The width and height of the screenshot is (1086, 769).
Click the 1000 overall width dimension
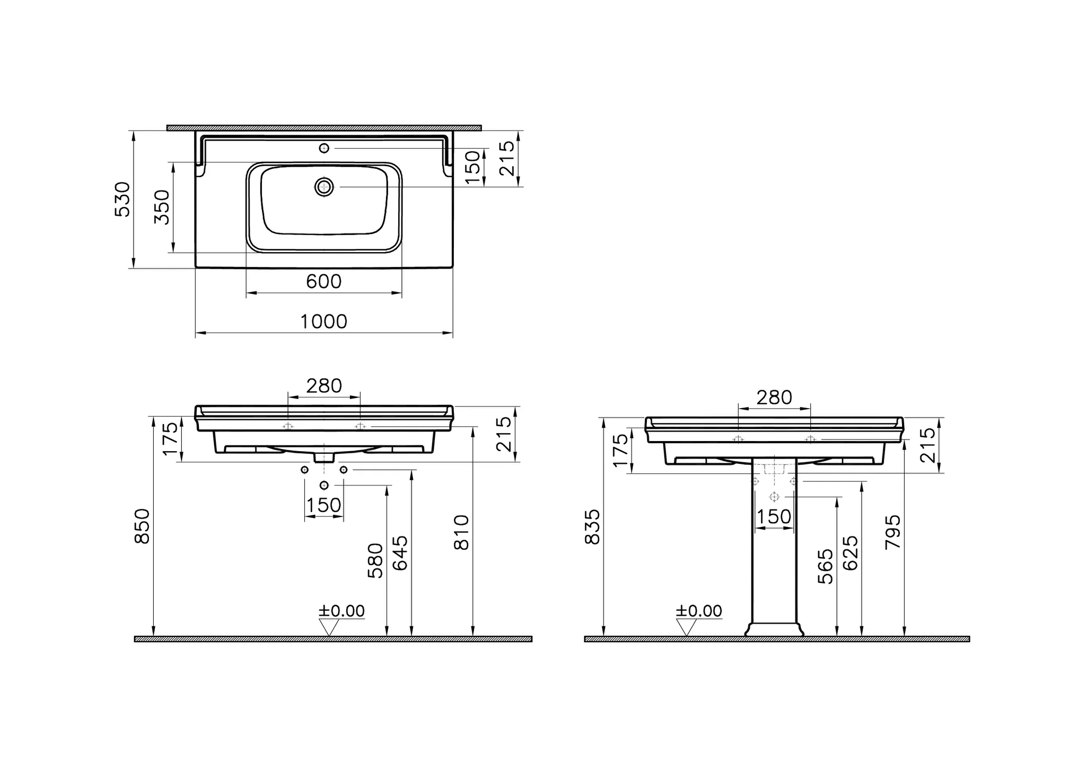323,322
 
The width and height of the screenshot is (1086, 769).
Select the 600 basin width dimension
323,281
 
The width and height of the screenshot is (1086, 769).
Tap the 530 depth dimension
122,199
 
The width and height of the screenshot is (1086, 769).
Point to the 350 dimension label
162,207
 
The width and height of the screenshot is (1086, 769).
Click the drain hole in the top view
324,187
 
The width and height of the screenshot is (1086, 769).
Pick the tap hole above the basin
324,148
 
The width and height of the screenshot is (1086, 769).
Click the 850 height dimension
143,526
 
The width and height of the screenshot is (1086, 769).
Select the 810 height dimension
462,532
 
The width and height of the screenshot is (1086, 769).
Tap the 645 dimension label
400,553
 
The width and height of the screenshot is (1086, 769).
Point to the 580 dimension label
375,560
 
